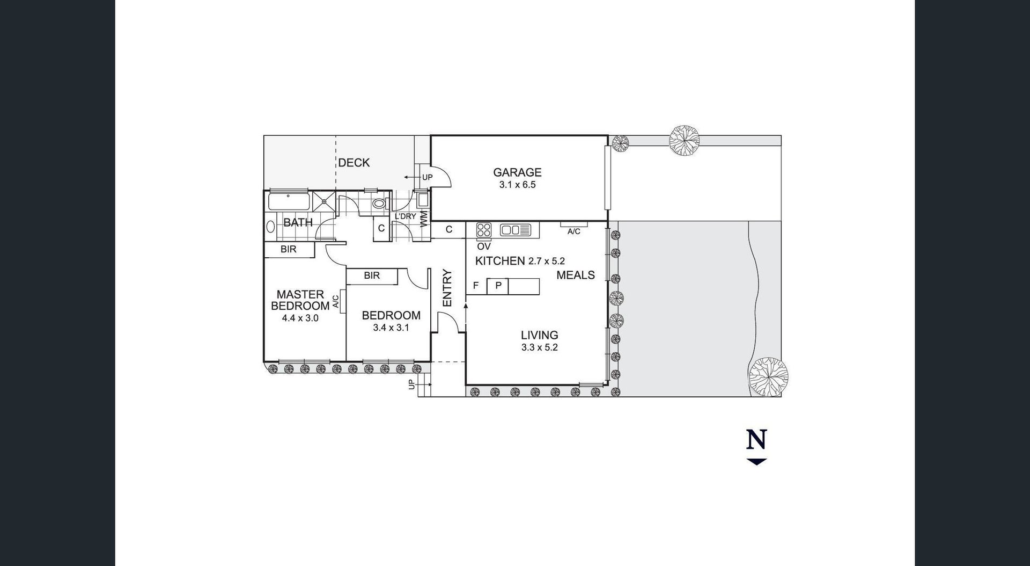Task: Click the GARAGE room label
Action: [517, 172]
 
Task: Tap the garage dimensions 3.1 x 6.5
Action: [517, 185]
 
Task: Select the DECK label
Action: [354, 163]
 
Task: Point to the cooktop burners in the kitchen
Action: [484, 230]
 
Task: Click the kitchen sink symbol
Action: [515, 230]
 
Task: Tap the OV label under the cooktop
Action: [483, 246]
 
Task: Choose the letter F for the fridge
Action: [475, 286]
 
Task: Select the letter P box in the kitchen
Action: [498, 286]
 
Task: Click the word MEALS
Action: [576, 275]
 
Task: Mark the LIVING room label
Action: [539, 335]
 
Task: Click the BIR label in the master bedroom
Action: [288, 250]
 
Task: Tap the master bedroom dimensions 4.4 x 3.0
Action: [300, 318]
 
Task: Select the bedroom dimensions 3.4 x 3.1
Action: [391, 328]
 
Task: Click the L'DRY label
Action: [405, 216]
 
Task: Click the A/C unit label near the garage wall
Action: [573, 231]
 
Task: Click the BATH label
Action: [298, 222]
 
